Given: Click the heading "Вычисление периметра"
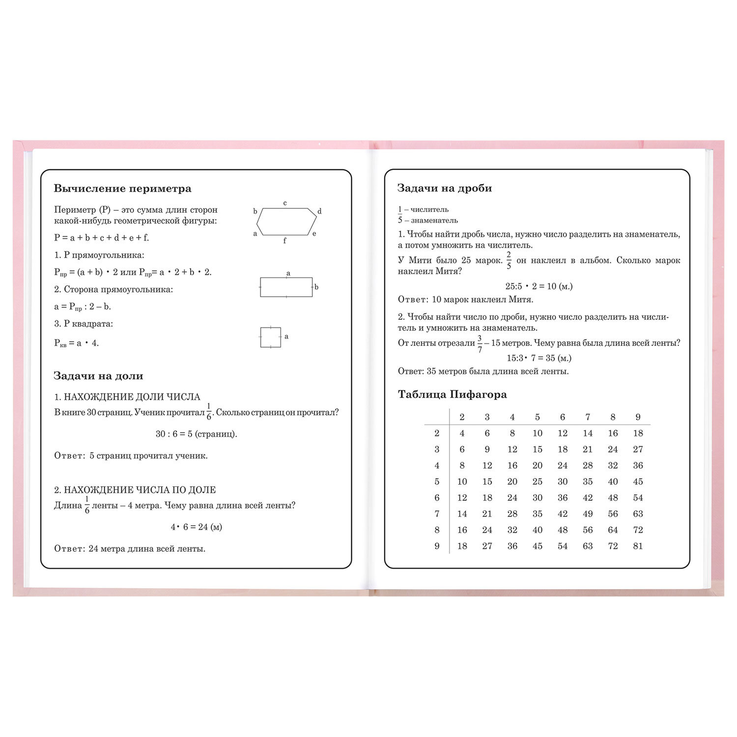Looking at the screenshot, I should (122, 189).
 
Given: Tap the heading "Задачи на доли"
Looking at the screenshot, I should (98, 376).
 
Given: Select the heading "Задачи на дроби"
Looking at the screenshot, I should (444, 188).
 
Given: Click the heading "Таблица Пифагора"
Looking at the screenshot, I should (452, 395).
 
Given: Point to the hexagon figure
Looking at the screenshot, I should (286, 222).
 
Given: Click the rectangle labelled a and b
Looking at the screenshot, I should (286, 287).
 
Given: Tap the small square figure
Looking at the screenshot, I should (270, 337).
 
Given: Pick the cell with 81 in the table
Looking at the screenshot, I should (638, 546).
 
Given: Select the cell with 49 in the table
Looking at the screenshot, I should (588, 514).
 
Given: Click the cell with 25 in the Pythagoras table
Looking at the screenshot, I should (538, 482).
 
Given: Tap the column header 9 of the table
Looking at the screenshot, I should (638, 417).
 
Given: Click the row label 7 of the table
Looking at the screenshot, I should (437, 514).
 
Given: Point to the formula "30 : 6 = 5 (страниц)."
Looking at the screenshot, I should (197, 434).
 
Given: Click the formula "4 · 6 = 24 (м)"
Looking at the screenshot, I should (197, 527).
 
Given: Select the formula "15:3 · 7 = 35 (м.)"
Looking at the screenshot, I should (539, 358).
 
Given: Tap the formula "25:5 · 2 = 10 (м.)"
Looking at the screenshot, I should (539, 286).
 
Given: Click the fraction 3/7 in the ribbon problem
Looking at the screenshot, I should (480, 344).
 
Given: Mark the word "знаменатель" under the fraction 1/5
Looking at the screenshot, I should (434, 221).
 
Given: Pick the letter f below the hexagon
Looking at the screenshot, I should (284, 241).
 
